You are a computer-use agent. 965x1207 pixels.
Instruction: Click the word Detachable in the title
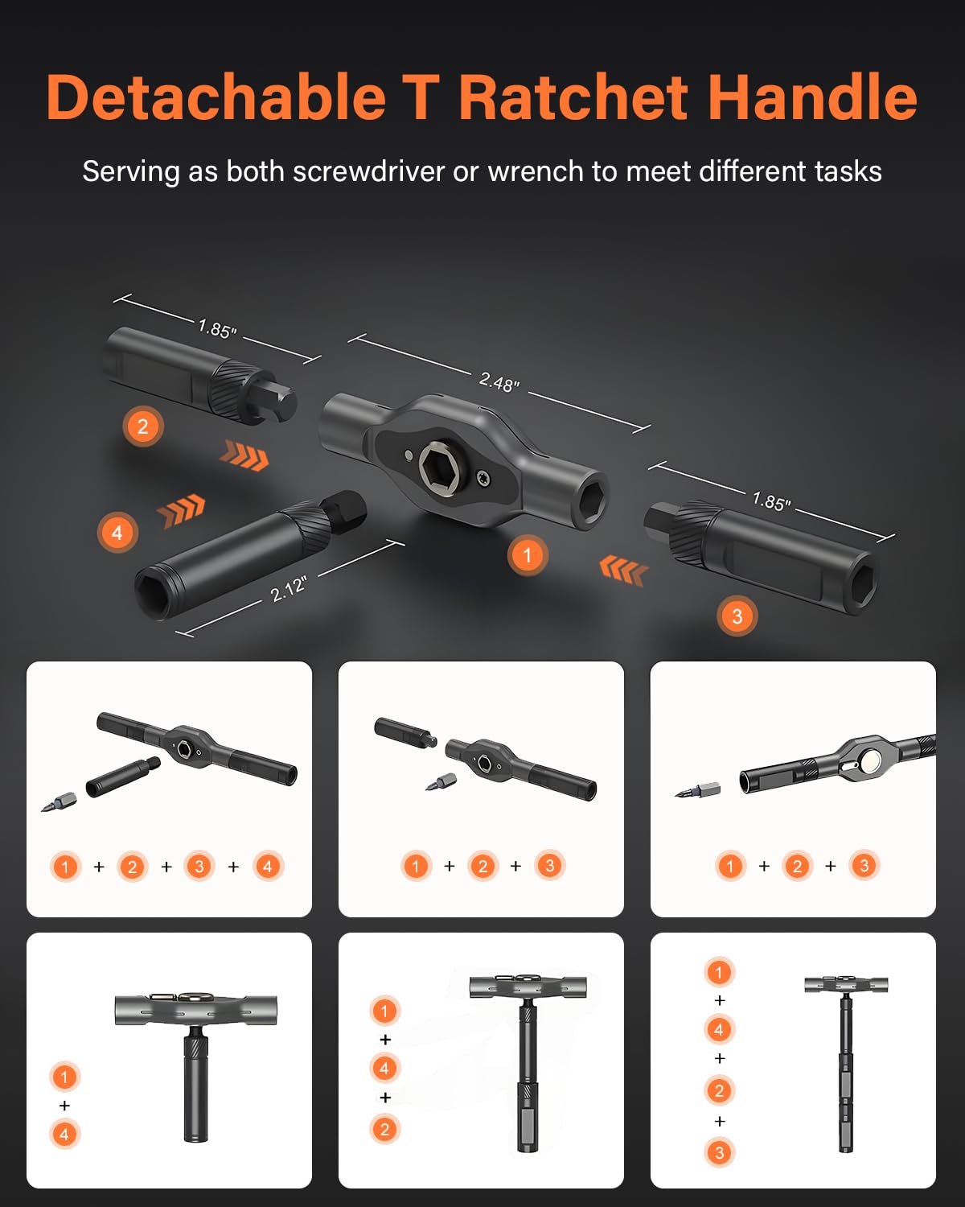click(216, 97)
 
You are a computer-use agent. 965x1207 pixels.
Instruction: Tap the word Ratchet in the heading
click(573, 97)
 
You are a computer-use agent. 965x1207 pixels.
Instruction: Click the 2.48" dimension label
click(499, 382)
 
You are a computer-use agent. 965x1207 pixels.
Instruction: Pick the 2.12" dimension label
click(289, 589)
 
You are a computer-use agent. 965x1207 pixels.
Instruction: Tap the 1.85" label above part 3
click(771, 501)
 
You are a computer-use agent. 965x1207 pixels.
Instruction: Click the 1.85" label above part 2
click(218, 328)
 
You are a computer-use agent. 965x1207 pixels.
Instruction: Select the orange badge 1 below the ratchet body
click(527, 555)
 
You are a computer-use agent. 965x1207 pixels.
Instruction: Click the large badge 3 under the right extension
click(737, 616)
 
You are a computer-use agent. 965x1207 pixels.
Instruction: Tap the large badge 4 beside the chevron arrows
click(117, 532)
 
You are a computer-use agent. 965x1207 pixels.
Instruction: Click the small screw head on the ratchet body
click(484, 479)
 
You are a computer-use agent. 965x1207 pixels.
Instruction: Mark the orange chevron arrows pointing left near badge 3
click(623, 570)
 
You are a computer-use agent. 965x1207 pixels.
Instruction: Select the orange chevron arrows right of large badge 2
click(244, 455)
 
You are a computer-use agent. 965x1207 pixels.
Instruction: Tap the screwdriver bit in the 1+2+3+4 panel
click(59, 802)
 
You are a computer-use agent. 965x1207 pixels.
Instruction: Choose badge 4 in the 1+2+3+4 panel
click(268, 867)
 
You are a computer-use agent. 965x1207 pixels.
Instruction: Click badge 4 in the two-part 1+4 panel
click(64, 1135)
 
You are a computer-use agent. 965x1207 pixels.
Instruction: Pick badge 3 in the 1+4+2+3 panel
click(720, 1152)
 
